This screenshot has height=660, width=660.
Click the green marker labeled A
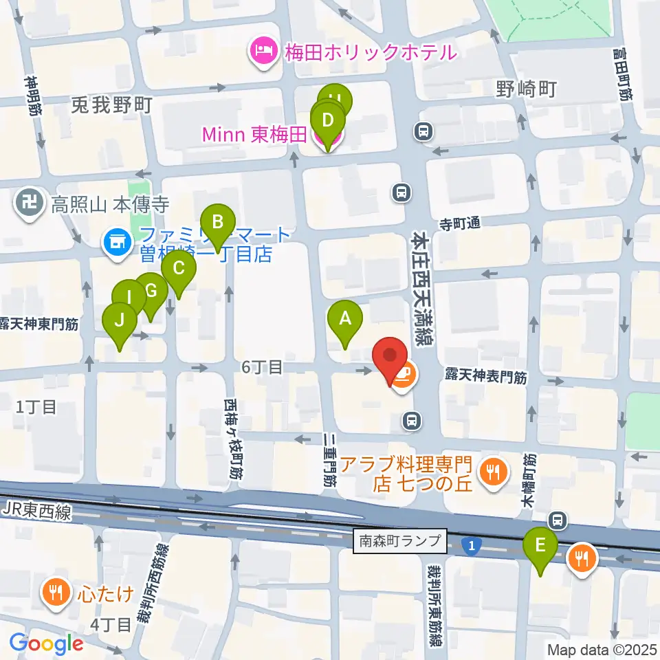coord(345,318)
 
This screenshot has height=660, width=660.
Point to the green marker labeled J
coord(120,320)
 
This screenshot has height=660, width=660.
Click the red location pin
coord(390,356)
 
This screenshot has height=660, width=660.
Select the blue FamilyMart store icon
coord(115,242)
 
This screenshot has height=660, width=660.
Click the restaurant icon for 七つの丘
coord(492,472)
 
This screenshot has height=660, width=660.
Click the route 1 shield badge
coord(471,546)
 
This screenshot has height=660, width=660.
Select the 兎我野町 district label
coord(111,104)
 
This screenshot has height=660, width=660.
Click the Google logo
coord(46,643)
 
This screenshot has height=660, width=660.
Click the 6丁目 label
coord(262,367)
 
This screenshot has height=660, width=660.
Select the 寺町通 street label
coord(459,223)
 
